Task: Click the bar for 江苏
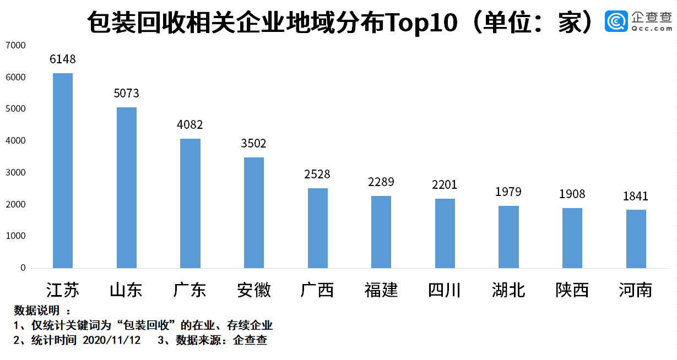click(63, 171)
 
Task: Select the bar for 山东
click(127, 188)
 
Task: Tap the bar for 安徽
click(254, 212)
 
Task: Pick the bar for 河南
click(636, 239)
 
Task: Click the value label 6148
click(63, 59)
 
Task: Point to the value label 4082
click(190, 125)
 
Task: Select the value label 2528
click(317, 174)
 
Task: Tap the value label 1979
click(508, 192)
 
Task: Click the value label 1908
click(572, 194)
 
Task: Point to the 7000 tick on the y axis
click(15, 46)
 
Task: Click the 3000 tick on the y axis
click(15, 173)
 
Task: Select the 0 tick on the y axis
click(23, 268)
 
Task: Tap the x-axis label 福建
click(381, 290)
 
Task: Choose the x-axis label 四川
click(445, 290)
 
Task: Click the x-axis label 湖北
click(508, 290)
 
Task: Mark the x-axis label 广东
click(190, 290)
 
